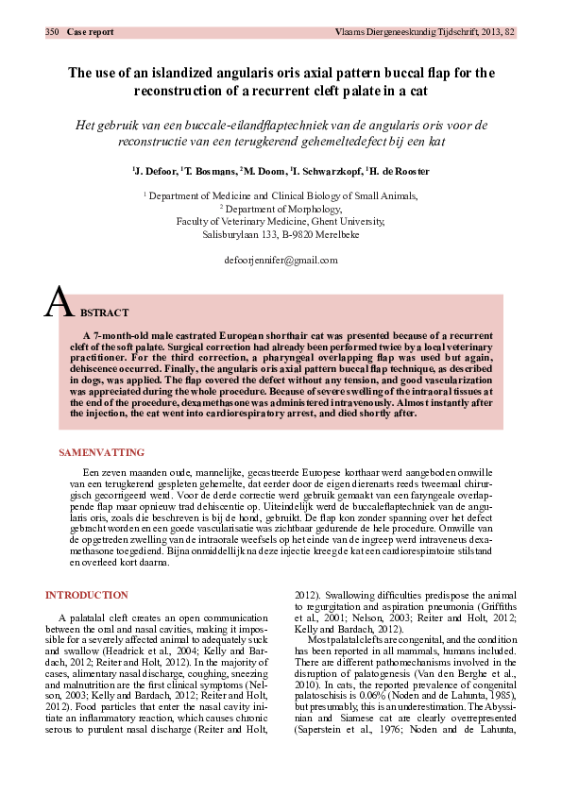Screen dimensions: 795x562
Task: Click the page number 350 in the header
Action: coord(53,32)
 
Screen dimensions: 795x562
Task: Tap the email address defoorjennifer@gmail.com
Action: coord(281,259)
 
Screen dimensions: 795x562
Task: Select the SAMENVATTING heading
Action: coord(101,426)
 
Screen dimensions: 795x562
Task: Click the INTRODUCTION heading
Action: coord(87,595)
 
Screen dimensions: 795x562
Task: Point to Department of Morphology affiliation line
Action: coord(281,208)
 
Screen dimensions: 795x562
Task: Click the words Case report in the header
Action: coord(91,32)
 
